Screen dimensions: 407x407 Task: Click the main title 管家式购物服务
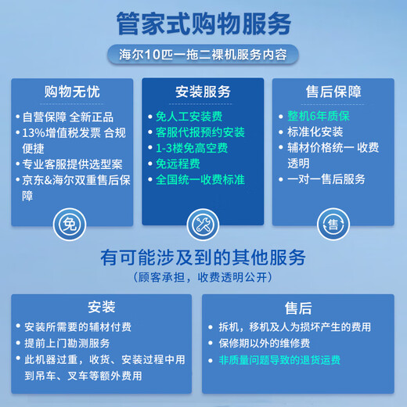point(203,24)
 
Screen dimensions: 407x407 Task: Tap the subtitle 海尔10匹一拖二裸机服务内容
point(203,56)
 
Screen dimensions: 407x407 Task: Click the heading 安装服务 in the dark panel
point(203,92)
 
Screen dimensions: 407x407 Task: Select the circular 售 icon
point(331,225)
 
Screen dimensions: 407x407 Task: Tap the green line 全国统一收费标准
point(200,179)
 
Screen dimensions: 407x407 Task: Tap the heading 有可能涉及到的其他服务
point(203,258)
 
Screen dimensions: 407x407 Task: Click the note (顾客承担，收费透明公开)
point(203,277)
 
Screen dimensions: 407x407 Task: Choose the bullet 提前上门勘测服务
point(67,343)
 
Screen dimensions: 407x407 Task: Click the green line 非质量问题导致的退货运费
point(279,359)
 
